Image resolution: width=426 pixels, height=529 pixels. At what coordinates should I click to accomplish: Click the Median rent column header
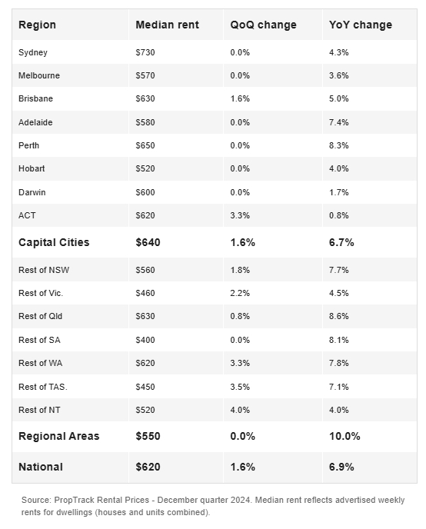click(167, 25)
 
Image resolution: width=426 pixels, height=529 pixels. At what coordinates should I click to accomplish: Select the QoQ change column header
click(263, 25)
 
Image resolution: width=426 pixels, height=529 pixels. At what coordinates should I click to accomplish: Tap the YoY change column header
click(360, 25)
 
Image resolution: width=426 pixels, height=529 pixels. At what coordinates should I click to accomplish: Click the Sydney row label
click(33, 52)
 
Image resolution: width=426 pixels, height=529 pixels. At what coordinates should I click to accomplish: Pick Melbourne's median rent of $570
click(145, 75)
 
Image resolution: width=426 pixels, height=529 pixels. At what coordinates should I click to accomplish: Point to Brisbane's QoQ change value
click(240, 98)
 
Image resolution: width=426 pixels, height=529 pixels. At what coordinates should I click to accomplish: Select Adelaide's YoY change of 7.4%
click(338, 122)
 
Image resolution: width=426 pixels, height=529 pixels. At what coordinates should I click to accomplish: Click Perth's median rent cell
click(145, 145)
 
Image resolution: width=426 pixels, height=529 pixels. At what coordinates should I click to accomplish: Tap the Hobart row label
click(32, 168)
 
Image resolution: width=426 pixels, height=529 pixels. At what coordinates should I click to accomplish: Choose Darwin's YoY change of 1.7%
click(338, 192)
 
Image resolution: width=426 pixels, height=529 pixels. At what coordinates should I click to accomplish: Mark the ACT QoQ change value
click(240, 215)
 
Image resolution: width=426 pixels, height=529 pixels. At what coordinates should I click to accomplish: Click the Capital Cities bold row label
click(54, 242)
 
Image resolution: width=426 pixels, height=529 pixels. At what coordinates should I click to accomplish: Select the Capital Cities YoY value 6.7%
click(341, 242)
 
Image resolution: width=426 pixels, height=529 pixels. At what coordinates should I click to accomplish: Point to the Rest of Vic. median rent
click(145, 293)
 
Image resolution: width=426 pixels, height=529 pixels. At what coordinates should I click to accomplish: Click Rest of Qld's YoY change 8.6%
click(338, 316)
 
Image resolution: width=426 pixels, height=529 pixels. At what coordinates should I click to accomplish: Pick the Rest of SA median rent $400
click(145, 340)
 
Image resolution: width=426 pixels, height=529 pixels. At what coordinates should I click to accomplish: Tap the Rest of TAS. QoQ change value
click(240, 387)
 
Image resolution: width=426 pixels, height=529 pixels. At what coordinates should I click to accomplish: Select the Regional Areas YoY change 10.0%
click(344, 436)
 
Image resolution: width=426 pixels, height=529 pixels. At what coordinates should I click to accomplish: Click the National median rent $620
click(148, 467)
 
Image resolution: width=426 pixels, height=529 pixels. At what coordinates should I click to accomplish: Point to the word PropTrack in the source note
click(74, 500)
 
